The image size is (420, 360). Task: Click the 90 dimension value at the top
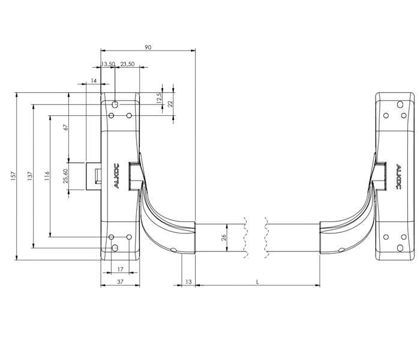pos(148,47)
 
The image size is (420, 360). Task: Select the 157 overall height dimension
pos(14,176)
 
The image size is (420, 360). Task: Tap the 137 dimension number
pos(30,176)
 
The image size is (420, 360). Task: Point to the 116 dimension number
pos(47,176)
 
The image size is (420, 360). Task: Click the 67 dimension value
pos(66,127)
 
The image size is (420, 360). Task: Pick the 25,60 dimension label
pos(66,176)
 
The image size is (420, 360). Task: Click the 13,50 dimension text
pos(108,64)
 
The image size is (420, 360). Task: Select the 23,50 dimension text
pos(127,64)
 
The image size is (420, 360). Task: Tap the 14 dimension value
pos(94,80)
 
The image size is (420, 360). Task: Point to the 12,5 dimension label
pos(160,98)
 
